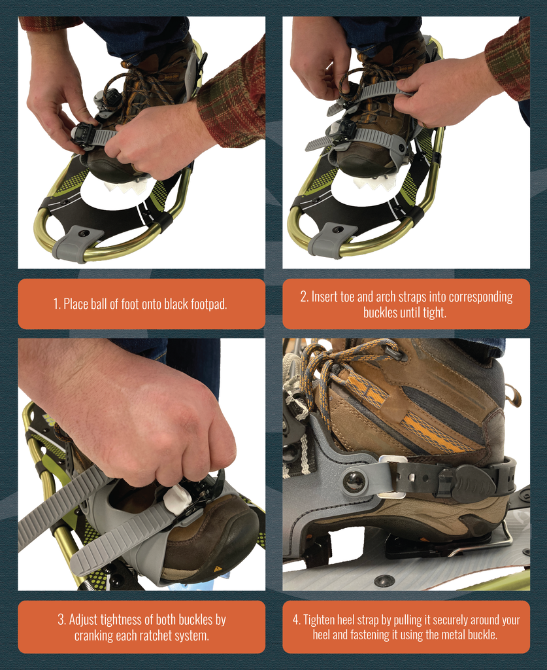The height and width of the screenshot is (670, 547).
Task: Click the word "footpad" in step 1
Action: pyautogui.click(x=203, y=304)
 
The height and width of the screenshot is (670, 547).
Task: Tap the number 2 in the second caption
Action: pyautogui.click(x=303, y=297)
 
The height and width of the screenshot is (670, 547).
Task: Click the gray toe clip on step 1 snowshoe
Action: pyautogui.click(x=78, y=243)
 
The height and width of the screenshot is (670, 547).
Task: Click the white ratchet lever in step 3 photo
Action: pyautogui.click(x=177, y=499)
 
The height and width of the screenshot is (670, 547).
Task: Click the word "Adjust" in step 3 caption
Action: pyautogui.click(x=87, y=620)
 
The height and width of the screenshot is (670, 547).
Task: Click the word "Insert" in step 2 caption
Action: pyautogui.click(x=325, y=297)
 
